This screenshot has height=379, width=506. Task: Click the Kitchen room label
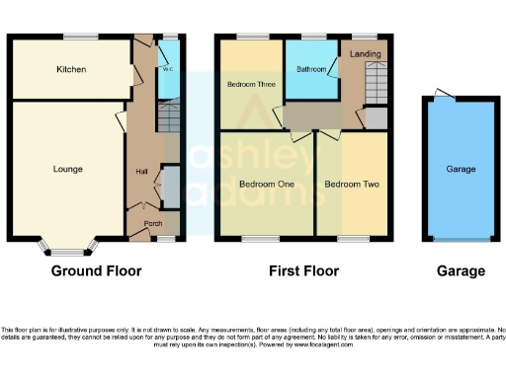pos(71,70)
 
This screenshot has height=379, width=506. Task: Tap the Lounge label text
pos(68,169)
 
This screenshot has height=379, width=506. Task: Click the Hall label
pos(141,173)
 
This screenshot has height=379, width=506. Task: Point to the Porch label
pos(153,223)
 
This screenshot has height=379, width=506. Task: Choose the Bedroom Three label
pos(251,85)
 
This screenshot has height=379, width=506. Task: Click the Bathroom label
pos(311,70)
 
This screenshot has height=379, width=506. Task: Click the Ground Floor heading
pos(96,270)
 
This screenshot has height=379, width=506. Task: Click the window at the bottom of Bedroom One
pos(261,239)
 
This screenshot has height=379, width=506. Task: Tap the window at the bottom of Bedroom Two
pos(352,239)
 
